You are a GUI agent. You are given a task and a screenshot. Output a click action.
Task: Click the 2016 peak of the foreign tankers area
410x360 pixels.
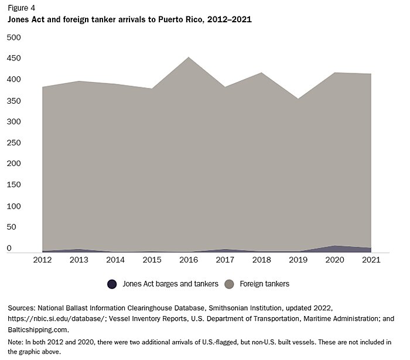coord(188,58)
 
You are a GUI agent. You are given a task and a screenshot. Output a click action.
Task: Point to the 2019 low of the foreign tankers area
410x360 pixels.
coord(298,99)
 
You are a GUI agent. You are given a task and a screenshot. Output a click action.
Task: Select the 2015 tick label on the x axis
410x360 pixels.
coord(152,260)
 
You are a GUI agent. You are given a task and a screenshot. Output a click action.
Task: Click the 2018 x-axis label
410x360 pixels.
coord(262,260)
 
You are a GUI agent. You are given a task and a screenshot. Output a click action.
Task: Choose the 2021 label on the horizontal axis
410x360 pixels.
coord(371,260)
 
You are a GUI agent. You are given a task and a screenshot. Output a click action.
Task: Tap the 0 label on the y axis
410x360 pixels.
coord(9,249)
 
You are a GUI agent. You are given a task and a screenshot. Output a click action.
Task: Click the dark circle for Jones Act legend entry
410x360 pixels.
coord(112,284)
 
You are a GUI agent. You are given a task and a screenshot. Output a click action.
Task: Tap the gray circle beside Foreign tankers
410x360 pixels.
coord(230,284)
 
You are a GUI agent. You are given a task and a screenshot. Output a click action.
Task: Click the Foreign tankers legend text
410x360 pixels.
coord(264,284)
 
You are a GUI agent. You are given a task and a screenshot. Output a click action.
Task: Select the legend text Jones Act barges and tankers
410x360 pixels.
coord(170,284)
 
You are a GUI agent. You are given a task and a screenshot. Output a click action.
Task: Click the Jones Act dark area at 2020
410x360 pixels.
coord(334,249)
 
